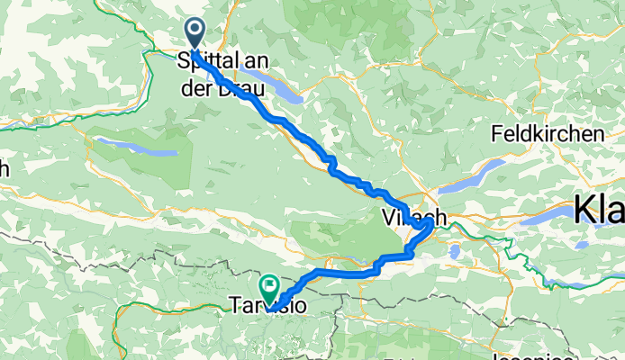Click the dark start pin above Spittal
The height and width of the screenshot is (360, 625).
click(195, 32)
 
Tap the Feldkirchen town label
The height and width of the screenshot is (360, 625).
click(547, 133)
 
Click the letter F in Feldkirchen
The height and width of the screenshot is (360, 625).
click(496, 134)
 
